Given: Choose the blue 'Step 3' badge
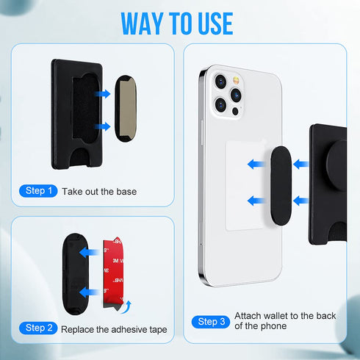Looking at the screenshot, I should (x=211, y=321).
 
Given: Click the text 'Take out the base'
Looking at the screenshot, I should (x=99, y=192).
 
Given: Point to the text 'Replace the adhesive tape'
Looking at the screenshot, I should (x=115, y=328).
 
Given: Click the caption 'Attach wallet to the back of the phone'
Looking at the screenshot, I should (x=284, y=320).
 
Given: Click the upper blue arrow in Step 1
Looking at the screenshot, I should (x=103, y=93).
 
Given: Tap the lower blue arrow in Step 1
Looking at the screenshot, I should (x=103, y=126).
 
